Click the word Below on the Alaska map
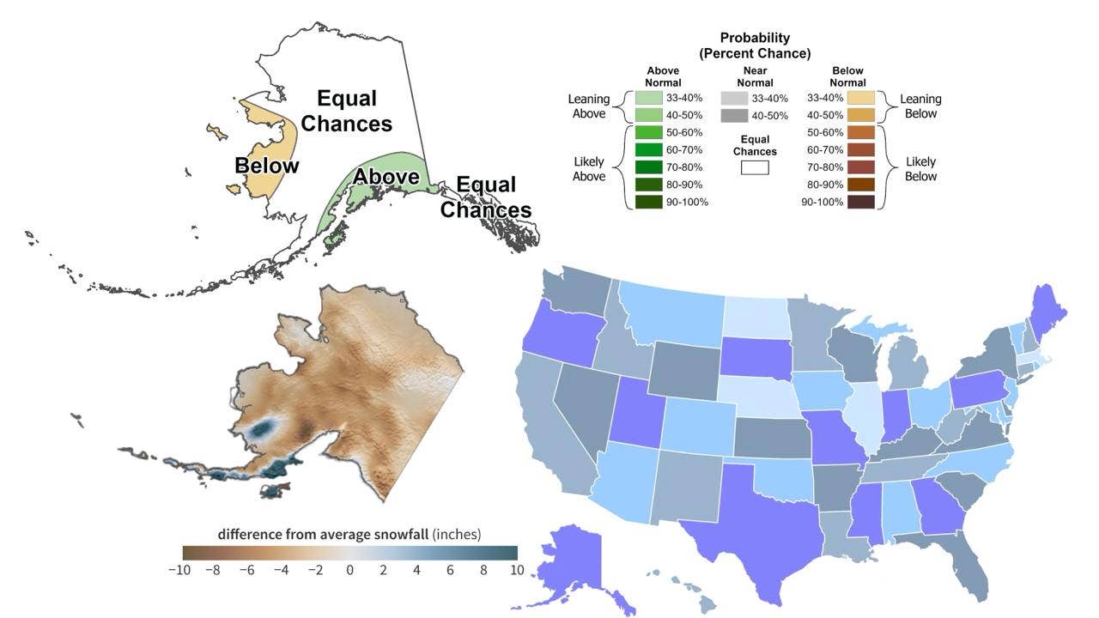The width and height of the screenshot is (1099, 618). (x=266, y=166)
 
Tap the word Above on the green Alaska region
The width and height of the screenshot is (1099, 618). (x=386, y=177)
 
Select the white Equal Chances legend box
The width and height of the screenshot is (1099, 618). (x=755, y=167)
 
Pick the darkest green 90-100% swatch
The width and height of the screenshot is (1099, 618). (x=648, y=202)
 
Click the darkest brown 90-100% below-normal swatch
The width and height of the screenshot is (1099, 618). (x=861, y=202)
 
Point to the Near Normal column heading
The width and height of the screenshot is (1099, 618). (x=755, y=77)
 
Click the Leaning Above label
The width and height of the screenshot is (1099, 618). (x=589, y=106)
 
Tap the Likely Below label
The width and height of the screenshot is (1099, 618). (x=920, y=169)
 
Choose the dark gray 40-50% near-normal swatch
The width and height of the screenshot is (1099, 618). (x=734, y=116)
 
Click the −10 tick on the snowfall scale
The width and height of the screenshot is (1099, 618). (x=179, y=571)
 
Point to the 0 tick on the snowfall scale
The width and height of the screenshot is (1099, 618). (x=349, y=571)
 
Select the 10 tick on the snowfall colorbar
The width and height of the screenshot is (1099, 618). (x=517, y=571)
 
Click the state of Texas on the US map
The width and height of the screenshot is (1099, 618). (x=756, y=530)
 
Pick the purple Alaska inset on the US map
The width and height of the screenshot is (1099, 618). (x=574, y=569)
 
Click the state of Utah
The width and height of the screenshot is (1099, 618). (x=638, y=412)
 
